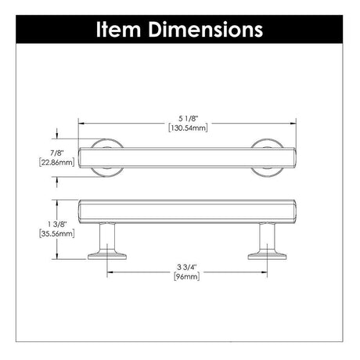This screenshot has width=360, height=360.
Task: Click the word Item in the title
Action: pos(119,30)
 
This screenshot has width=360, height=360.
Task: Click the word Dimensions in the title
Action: pos(206,30)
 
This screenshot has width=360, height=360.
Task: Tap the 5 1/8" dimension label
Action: pos(188,119)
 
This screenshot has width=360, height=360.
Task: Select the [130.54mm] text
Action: pos(188,128)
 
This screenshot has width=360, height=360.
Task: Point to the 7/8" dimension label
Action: pos(57,153)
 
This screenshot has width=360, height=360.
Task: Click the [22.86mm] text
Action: pos(57,162)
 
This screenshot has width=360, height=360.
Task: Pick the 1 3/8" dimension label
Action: pos(57,224)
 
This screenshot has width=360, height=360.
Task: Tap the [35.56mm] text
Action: pos(57,233)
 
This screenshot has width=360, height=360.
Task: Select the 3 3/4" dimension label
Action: pos(187,267)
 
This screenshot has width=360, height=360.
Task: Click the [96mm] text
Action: pos(187,276)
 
